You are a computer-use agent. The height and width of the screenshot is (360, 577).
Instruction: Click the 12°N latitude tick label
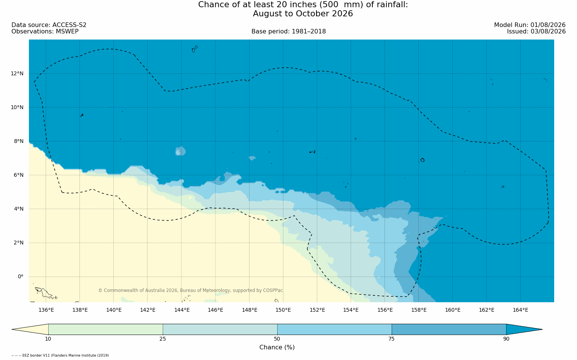click(17, 74)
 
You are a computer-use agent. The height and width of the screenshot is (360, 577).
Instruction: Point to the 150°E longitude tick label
click(283, 310)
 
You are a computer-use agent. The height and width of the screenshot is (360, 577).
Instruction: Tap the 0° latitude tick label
click(21, 277)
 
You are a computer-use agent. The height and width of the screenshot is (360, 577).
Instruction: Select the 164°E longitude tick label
click(520, 310)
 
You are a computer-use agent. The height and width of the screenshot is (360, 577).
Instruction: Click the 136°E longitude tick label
click(46, 310)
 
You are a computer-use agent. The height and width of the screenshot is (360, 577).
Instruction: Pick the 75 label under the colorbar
click(391, 339)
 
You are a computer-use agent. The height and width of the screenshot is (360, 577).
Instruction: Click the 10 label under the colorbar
click(48, 339)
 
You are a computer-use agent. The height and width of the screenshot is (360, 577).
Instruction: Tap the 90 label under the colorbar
click(506, 339)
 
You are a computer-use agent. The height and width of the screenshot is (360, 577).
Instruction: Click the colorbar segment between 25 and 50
click(220, 329)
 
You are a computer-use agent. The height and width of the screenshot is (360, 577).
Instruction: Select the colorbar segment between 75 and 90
click(449, 329)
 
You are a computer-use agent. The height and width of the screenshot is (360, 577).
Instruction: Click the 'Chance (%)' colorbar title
click(277, 347)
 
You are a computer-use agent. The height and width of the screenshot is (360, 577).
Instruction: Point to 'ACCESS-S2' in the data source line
click(69, 25)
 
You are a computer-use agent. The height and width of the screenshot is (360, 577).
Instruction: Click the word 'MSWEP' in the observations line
click(67, 32)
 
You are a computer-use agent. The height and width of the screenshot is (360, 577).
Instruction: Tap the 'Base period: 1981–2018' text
click(288, 32)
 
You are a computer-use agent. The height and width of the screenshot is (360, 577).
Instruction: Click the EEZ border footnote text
click(60, 355)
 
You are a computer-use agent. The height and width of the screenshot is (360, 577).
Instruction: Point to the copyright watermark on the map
click(191, 290)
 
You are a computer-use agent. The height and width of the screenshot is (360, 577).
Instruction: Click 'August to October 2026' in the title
click(303, 13)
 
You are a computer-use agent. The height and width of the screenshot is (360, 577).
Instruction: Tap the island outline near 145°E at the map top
click(195, 49)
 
